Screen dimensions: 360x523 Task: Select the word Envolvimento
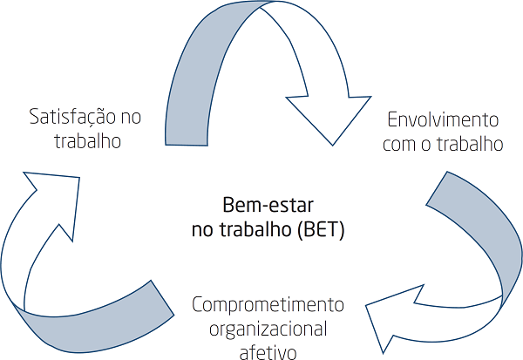pos(442,119)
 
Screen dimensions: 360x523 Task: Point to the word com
pos(399,145)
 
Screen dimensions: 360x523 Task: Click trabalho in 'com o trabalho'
pos(472,144)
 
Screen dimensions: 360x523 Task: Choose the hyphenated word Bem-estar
pos(262,207)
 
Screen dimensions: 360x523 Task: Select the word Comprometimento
pos(268,306)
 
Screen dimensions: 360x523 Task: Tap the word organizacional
pos(268,329)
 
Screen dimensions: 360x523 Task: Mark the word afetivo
pos(268,352)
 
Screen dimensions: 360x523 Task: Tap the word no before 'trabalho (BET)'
pos(201,231)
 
